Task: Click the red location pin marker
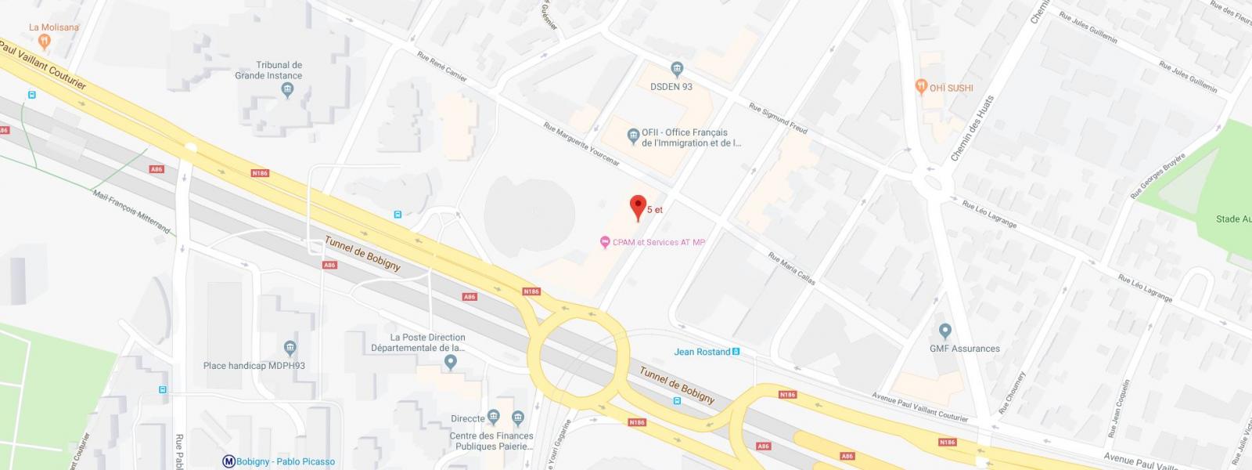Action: (638, 207)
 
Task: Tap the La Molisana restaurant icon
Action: (45, 42)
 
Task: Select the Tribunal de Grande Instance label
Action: (268, 70)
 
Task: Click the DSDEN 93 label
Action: (671, 87)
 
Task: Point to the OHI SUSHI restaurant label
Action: (951, 88)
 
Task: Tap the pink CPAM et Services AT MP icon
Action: (604, 243)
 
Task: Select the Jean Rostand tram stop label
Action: (702, 352)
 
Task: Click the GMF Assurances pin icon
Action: (944, 331)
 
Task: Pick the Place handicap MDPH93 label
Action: (254, 366)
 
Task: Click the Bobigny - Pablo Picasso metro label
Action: (285, 461)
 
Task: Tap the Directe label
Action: (468, 418)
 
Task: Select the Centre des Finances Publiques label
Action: (492, 441)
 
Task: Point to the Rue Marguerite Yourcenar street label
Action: (581, 144)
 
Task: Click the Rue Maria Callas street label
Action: (792, 268)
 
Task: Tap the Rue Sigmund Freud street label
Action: (778, 118)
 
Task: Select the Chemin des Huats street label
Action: (971, 129)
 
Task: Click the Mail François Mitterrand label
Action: (131, 211)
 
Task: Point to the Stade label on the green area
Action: (1232, 219)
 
